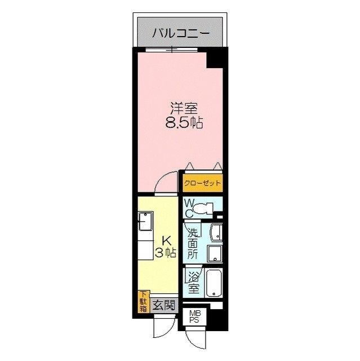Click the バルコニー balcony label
click(181, 33)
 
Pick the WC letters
click(189, 208)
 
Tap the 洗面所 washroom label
click(192, 243)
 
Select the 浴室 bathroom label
click(193, 282)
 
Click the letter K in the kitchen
click(166, 239)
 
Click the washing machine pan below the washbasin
click(215, 253)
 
